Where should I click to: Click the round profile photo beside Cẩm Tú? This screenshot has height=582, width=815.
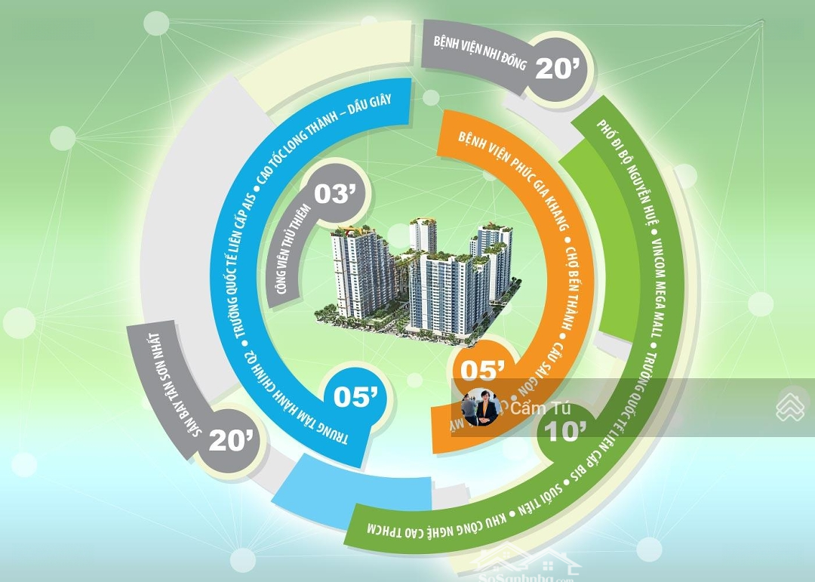[x=480, y=408]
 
